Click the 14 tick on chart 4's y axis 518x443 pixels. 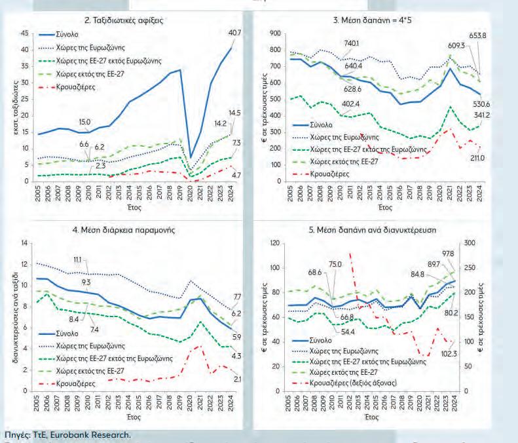(x=25, y=243)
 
